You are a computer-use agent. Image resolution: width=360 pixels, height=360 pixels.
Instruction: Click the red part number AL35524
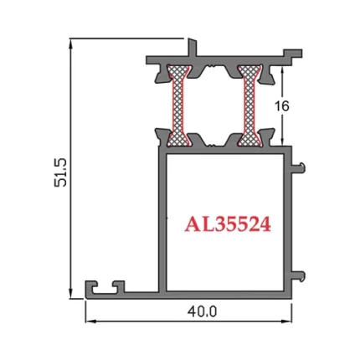pos(228,224)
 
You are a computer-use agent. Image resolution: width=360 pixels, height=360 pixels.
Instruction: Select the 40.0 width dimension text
pos(202,311)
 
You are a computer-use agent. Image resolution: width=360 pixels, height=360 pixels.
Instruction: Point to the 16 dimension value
pos(283,105)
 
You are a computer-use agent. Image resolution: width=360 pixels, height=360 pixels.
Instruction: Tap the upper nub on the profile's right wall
pos(297,165)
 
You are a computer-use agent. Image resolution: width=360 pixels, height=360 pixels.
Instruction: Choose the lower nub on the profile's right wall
pos(297,272)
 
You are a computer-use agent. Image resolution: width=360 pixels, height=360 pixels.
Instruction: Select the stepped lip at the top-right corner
pos(293,55)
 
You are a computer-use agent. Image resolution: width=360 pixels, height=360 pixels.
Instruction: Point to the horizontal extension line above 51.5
pos(126,38)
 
